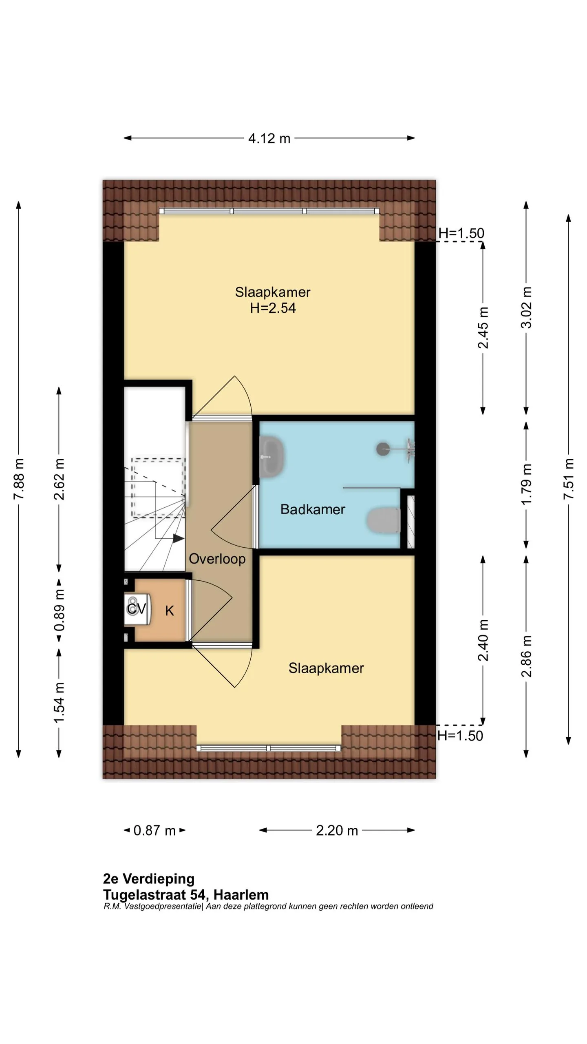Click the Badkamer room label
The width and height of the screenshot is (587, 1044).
[313, 509]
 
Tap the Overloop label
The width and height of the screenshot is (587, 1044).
[217, 559]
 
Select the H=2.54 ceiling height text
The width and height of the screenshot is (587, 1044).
[273, 308]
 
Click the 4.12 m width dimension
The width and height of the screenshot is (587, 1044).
[269, 138]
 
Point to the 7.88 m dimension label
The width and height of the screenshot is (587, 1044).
[19, 479]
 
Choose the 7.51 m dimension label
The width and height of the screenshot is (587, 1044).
[569, 479]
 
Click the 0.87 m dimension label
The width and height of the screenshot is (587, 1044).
[154, 830]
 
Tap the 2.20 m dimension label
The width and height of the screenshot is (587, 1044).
[337, 830]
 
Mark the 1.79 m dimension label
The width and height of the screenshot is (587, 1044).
[526, 484]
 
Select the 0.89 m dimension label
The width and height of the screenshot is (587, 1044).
[60, 610]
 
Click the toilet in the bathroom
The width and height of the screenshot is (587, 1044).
[384, 520]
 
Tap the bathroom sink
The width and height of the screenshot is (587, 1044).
[272, 457]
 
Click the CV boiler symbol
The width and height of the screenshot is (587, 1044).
[137, 609]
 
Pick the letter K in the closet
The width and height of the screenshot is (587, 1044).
[170, 610]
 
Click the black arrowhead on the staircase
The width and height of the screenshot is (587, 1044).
[179, 539]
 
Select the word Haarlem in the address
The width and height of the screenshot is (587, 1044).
[241, 895]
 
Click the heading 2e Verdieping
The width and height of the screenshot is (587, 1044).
[149, 878]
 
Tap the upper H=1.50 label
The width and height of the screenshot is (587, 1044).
[461, 233]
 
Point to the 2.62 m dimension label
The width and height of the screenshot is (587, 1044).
[60, 479]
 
